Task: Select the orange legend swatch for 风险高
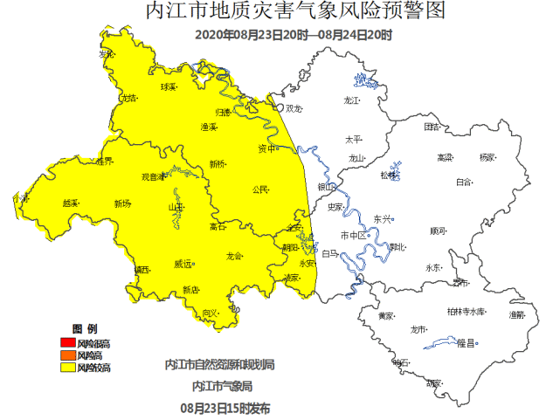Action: (x=66, y=355)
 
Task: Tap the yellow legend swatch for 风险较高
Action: (x=66, y=368)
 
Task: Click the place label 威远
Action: (x=183, y=263)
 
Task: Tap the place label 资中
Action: (x=267, y=148)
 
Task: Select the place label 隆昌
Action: (x=466, y=344)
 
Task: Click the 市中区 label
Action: (x=352, y=236)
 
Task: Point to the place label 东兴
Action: (x=383, y=218)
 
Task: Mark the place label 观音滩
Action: (x=154, y=176)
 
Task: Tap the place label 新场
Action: (x=122, y=203)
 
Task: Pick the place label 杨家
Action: (x=487, y=157)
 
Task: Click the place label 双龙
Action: (x=293, y=108)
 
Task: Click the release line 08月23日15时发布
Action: (x=225, y=408)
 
